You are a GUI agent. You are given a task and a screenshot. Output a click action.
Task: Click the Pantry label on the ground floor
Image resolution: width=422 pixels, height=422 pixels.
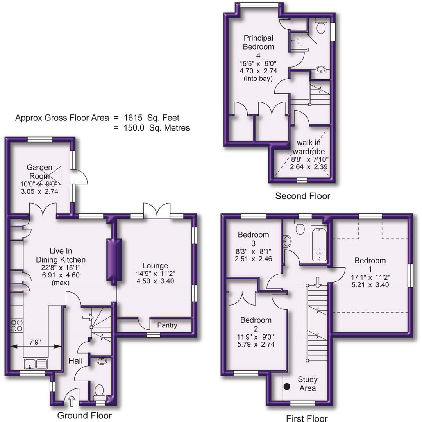coord(168,325)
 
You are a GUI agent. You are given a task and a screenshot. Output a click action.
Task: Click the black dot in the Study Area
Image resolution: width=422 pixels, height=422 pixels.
coord(287,387)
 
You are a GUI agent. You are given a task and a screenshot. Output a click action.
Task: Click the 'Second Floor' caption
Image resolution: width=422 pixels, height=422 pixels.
coord(302,196)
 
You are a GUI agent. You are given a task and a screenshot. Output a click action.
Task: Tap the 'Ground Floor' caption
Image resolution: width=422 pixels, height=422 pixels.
coord(84,415)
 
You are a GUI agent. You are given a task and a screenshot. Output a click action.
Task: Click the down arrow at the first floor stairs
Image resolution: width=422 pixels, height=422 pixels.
coord(317,282)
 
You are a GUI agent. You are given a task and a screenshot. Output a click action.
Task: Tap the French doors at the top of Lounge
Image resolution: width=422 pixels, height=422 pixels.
coord(157,211)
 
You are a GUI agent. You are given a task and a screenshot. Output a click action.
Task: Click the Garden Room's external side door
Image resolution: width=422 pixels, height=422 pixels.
coord(81,177)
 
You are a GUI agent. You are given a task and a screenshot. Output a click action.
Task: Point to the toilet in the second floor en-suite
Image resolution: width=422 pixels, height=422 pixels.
coord(321,27)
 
